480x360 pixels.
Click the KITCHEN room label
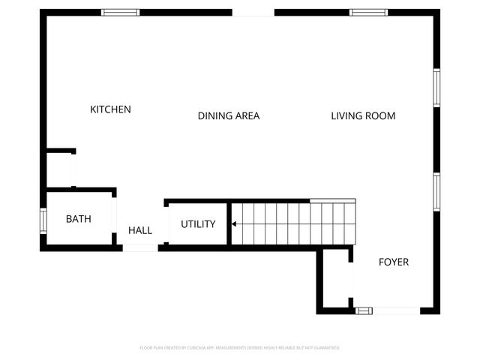click(x=110, y=109)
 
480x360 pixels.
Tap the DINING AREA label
click(x=229, y=115)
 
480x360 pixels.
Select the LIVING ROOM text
click(x=363, y=115)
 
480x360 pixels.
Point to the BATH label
click(x=79, y=219)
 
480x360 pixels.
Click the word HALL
click(x=140, y=230)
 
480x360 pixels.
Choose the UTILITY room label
click(x=198, y=223)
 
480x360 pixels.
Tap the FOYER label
click(x=394, y=262)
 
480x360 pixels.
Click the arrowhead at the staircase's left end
click(x=234, y=223)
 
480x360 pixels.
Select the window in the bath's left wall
click(x=43, y=220)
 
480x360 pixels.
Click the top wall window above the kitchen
click(x=121, y=12)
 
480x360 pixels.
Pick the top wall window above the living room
click(x=367, y=12)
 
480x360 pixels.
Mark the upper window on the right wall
click(x=436, y=88)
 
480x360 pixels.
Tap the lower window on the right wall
click(x=436, y=192)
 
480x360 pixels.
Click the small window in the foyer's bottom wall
click(x=364, y=310)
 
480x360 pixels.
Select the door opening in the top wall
click(x=253, y=13)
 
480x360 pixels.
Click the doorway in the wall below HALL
click(x=140, y=247)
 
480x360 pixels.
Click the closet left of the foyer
click(x=336, y=279)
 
